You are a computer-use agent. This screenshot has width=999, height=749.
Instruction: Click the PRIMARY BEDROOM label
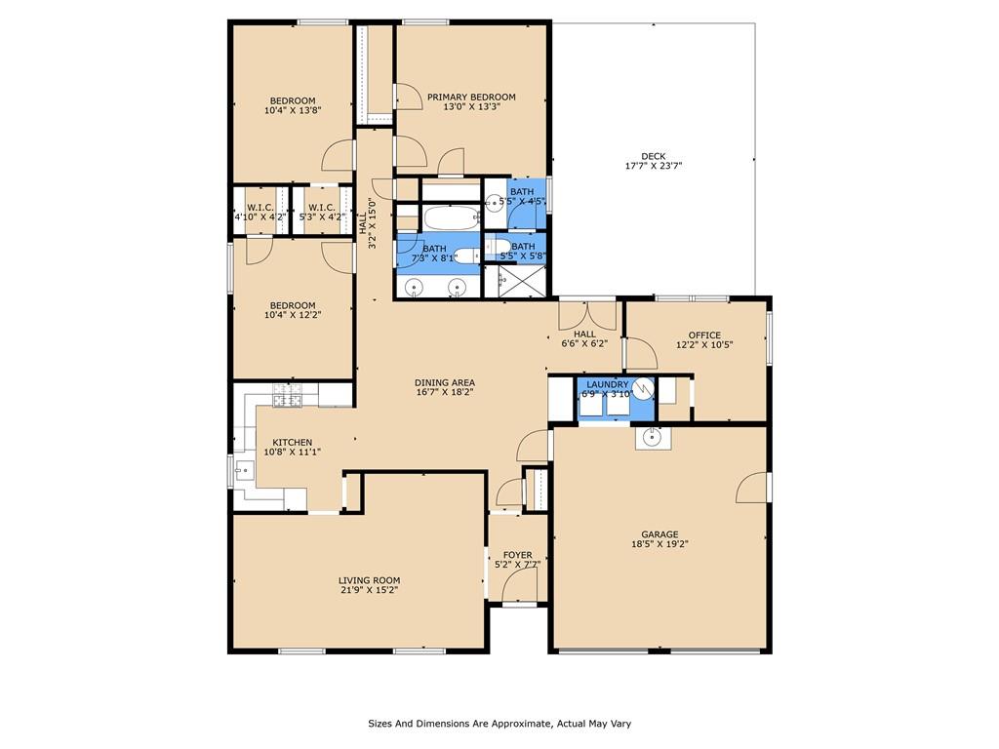pyautogui.click(x=471, y=97)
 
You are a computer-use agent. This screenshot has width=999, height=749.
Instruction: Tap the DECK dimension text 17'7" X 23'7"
pyautogui.click(x=654, y=166)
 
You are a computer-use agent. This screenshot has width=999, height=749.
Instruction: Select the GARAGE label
pyautogui.click(x=659, y=534)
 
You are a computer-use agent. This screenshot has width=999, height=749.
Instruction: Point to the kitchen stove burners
pyautogui.click(x=287, y=395)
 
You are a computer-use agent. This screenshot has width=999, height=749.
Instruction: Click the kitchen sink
pyautogui.click(x=243, y=471)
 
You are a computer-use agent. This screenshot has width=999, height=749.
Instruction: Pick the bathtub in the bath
pyautogui.click(x=452, y=218)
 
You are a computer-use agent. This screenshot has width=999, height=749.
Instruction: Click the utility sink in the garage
pyautogui.click(x=653, y=438)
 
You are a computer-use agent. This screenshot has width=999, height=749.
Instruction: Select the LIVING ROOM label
pyautogui.click(x=370, y=580)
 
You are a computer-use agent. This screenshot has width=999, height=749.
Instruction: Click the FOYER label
pyautogui.click(x=517, y=555)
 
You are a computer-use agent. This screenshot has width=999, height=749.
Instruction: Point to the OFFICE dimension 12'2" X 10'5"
pyautogui.click(x=704, y=344)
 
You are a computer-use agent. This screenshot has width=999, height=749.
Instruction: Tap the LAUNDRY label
pyautogui.click(x=607, y=384)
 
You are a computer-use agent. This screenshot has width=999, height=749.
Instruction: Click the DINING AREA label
pyautogui.click(x=445, y=382)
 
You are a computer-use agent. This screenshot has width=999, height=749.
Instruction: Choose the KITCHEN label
pyautogui.click(x=293, y=442)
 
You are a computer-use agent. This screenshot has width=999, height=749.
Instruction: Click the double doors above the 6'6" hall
pyautogui.click(x=587, y=315)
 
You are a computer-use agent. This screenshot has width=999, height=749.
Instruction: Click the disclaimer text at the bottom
pyautogui.click(x=499, y=724)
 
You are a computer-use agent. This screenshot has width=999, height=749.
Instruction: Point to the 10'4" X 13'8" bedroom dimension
pyautogui.click(x=293, y=110)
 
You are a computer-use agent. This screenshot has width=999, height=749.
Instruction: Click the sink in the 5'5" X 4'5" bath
pyautogui.click(x=494, y=204)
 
